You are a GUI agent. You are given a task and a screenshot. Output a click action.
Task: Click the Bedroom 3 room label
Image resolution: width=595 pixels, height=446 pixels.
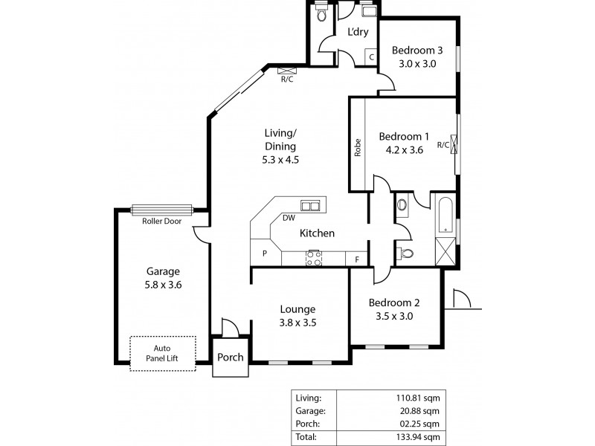417,51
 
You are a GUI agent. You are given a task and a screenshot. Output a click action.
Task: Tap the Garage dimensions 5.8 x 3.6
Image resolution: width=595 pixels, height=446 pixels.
163,284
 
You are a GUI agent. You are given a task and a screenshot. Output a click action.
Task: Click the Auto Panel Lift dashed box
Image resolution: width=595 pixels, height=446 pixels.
163,352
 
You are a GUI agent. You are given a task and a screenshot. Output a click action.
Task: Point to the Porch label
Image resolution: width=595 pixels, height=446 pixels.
230,357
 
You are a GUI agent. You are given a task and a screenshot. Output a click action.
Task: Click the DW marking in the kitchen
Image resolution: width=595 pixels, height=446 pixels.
289,218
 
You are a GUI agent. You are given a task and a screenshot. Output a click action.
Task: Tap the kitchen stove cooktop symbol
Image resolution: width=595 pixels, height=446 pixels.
314,258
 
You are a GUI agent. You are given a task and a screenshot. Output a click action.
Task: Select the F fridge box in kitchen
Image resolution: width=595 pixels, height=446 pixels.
357,259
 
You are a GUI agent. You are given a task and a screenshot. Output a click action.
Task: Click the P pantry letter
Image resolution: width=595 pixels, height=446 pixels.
264,253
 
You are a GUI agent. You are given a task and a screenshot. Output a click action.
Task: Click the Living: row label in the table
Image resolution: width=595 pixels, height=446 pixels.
308,397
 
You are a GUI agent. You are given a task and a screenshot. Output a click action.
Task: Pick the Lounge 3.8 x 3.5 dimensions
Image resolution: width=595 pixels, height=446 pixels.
298,323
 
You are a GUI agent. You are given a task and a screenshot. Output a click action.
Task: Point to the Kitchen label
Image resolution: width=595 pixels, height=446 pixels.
317,233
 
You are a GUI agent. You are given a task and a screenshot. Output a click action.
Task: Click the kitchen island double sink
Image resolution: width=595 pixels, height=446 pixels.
312,204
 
